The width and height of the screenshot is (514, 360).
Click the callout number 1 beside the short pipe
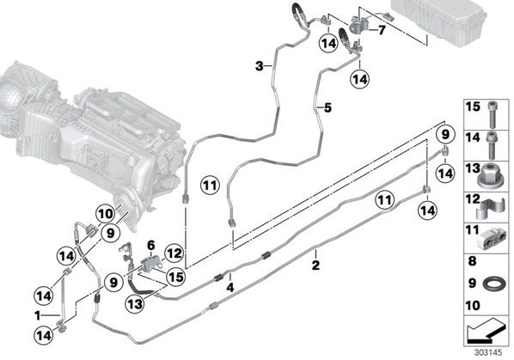[38, 315]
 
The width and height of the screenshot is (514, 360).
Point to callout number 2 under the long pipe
[315, 265]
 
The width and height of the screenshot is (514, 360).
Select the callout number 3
[260, 66]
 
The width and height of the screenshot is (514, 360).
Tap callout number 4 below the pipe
[230, 288]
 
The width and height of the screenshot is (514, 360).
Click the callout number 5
[327, 107]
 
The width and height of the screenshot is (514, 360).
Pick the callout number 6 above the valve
[150, 245]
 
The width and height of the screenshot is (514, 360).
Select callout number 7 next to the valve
[382, 30]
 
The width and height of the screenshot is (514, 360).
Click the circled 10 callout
[106, 214]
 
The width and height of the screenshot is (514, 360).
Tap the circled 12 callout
[174, 253]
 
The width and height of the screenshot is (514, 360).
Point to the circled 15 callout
[175, 277]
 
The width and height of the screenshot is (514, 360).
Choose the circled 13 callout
[136, 304]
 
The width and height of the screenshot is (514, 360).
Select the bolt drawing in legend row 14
[492, 145]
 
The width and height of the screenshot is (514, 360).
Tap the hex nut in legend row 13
[489, 177]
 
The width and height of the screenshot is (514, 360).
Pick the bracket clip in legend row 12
[491, 209]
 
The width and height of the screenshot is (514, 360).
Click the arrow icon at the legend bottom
[486, 332]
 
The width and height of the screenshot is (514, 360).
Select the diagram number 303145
[488, 353]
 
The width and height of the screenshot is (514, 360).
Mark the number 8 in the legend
[472, 261]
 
